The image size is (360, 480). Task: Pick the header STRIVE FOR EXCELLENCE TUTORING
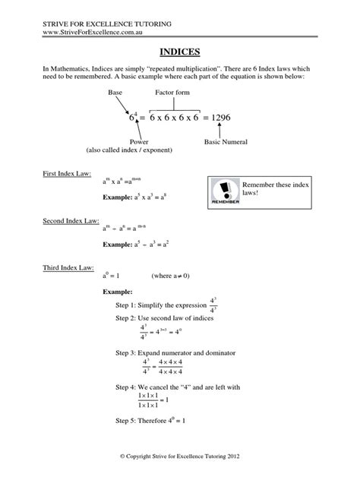coord(107,21)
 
